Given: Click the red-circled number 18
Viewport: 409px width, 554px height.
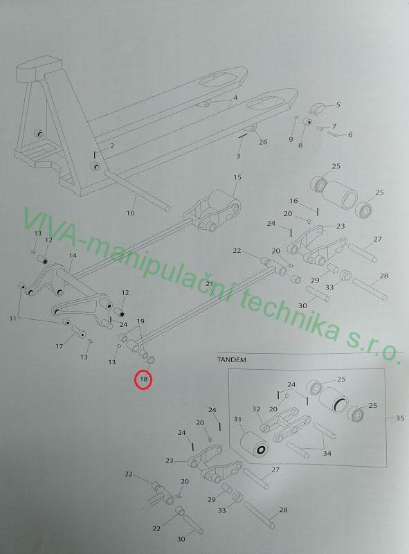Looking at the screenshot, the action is (x=144, y=379).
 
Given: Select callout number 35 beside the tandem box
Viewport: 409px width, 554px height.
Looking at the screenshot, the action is (x=399, y=418).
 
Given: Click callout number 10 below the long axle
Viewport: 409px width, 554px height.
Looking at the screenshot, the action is (x=130, y=213).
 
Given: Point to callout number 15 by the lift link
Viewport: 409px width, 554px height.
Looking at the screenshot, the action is (x=237, y=177).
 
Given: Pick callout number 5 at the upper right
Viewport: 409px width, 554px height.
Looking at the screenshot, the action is (x=338, y=105).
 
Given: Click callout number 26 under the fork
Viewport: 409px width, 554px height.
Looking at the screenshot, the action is (x=263, y=142).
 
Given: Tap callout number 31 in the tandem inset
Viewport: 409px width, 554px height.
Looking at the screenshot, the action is (x=237, y=420).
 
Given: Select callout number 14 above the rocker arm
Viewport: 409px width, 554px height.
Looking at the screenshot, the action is (x=73, y=256).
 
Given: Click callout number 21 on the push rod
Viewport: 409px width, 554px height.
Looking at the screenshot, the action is (x=210, y=284).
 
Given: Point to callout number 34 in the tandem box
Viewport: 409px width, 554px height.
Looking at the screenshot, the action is (x=327, y=453).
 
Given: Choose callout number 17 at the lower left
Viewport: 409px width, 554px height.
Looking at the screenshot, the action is (x=60, y=346).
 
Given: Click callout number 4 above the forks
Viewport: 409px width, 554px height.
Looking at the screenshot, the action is (x=235, y=98).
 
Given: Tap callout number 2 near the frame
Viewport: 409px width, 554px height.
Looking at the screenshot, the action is (x=112, y=145).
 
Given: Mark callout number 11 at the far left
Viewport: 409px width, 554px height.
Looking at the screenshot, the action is (x=12, y=319).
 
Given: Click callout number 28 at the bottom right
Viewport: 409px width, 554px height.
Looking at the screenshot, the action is (x=283, y=510).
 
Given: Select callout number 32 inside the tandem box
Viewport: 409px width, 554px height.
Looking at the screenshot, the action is (x=256, y=409).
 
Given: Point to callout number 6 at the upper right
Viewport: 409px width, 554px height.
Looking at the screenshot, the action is (x=350, y=134).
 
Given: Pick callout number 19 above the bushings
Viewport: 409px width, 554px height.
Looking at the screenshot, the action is (x=140, y=321).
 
